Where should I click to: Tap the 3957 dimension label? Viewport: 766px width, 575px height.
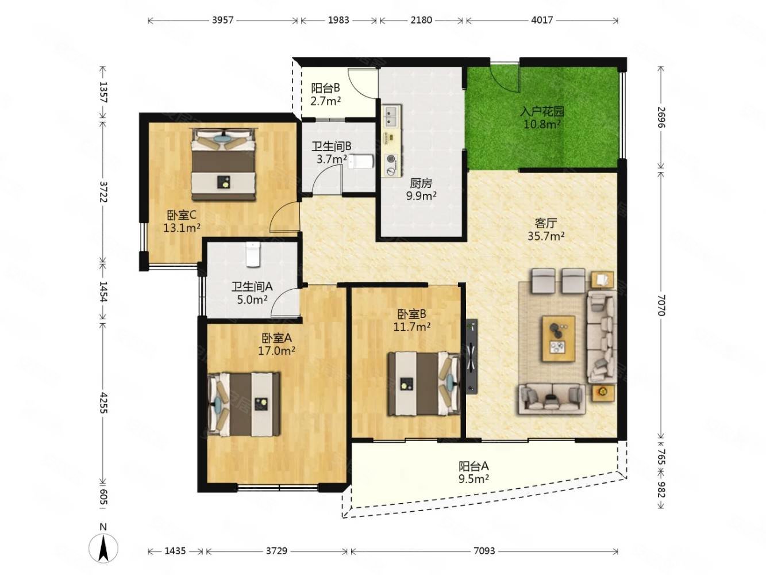(222, 20)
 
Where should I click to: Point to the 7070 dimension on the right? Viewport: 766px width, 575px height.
(661, 305)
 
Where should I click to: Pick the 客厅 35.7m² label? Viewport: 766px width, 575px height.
(546, 229)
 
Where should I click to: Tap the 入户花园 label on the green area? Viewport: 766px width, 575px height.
(542, 112)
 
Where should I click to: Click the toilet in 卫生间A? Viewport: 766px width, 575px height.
(253, 255)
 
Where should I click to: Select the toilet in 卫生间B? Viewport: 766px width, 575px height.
(361, 162)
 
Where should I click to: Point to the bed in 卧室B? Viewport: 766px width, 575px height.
(424, 384)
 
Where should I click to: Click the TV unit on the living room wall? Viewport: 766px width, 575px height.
(472, 356)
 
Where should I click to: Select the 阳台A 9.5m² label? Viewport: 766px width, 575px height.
(473, 472)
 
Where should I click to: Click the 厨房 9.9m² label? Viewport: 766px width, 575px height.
(421, 189)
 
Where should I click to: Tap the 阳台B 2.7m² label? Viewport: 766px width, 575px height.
(326, 94)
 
